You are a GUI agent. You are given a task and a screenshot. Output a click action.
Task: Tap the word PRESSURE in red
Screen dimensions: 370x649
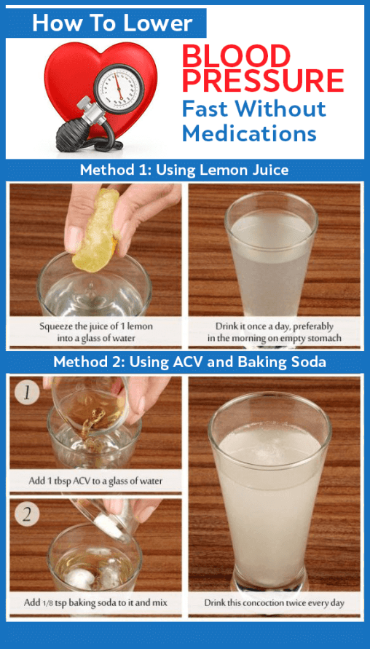tap(263, 80)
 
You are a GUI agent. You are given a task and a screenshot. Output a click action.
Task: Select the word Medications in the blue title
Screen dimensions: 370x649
tap(249, 133)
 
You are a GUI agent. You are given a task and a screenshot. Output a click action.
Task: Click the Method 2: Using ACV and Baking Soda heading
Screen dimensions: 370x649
tap(189, 362)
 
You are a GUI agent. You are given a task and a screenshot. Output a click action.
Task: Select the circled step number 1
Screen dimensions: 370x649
tap(27, 392)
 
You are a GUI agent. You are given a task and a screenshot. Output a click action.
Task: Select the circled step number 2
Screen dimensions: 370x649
tap(27, 514)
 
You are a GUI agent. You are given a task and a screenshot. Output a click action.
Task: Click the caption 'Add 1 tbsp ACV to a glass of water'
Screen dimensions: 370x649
tap(95, 481)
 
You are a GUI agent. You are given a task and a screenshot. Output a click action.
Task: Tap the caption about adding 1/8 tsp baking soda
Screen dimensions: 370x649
tap(95, 602)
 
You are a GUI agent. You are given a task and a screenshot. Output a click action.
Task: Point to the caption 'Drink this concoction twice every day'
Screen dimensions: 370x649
tap(274, 602)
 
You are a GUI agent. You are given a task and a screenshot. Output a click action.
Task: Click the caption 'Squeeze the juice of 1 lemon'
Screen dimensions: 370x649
tap(96, 326)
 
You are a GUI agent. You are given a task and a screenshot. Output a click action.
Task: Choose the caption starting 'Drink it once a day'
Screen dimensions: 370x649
tap(275, 332)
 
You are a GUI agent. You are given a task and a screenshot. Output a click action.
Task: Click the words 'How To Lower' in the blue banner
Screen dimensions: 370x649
tap(112, 23)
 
